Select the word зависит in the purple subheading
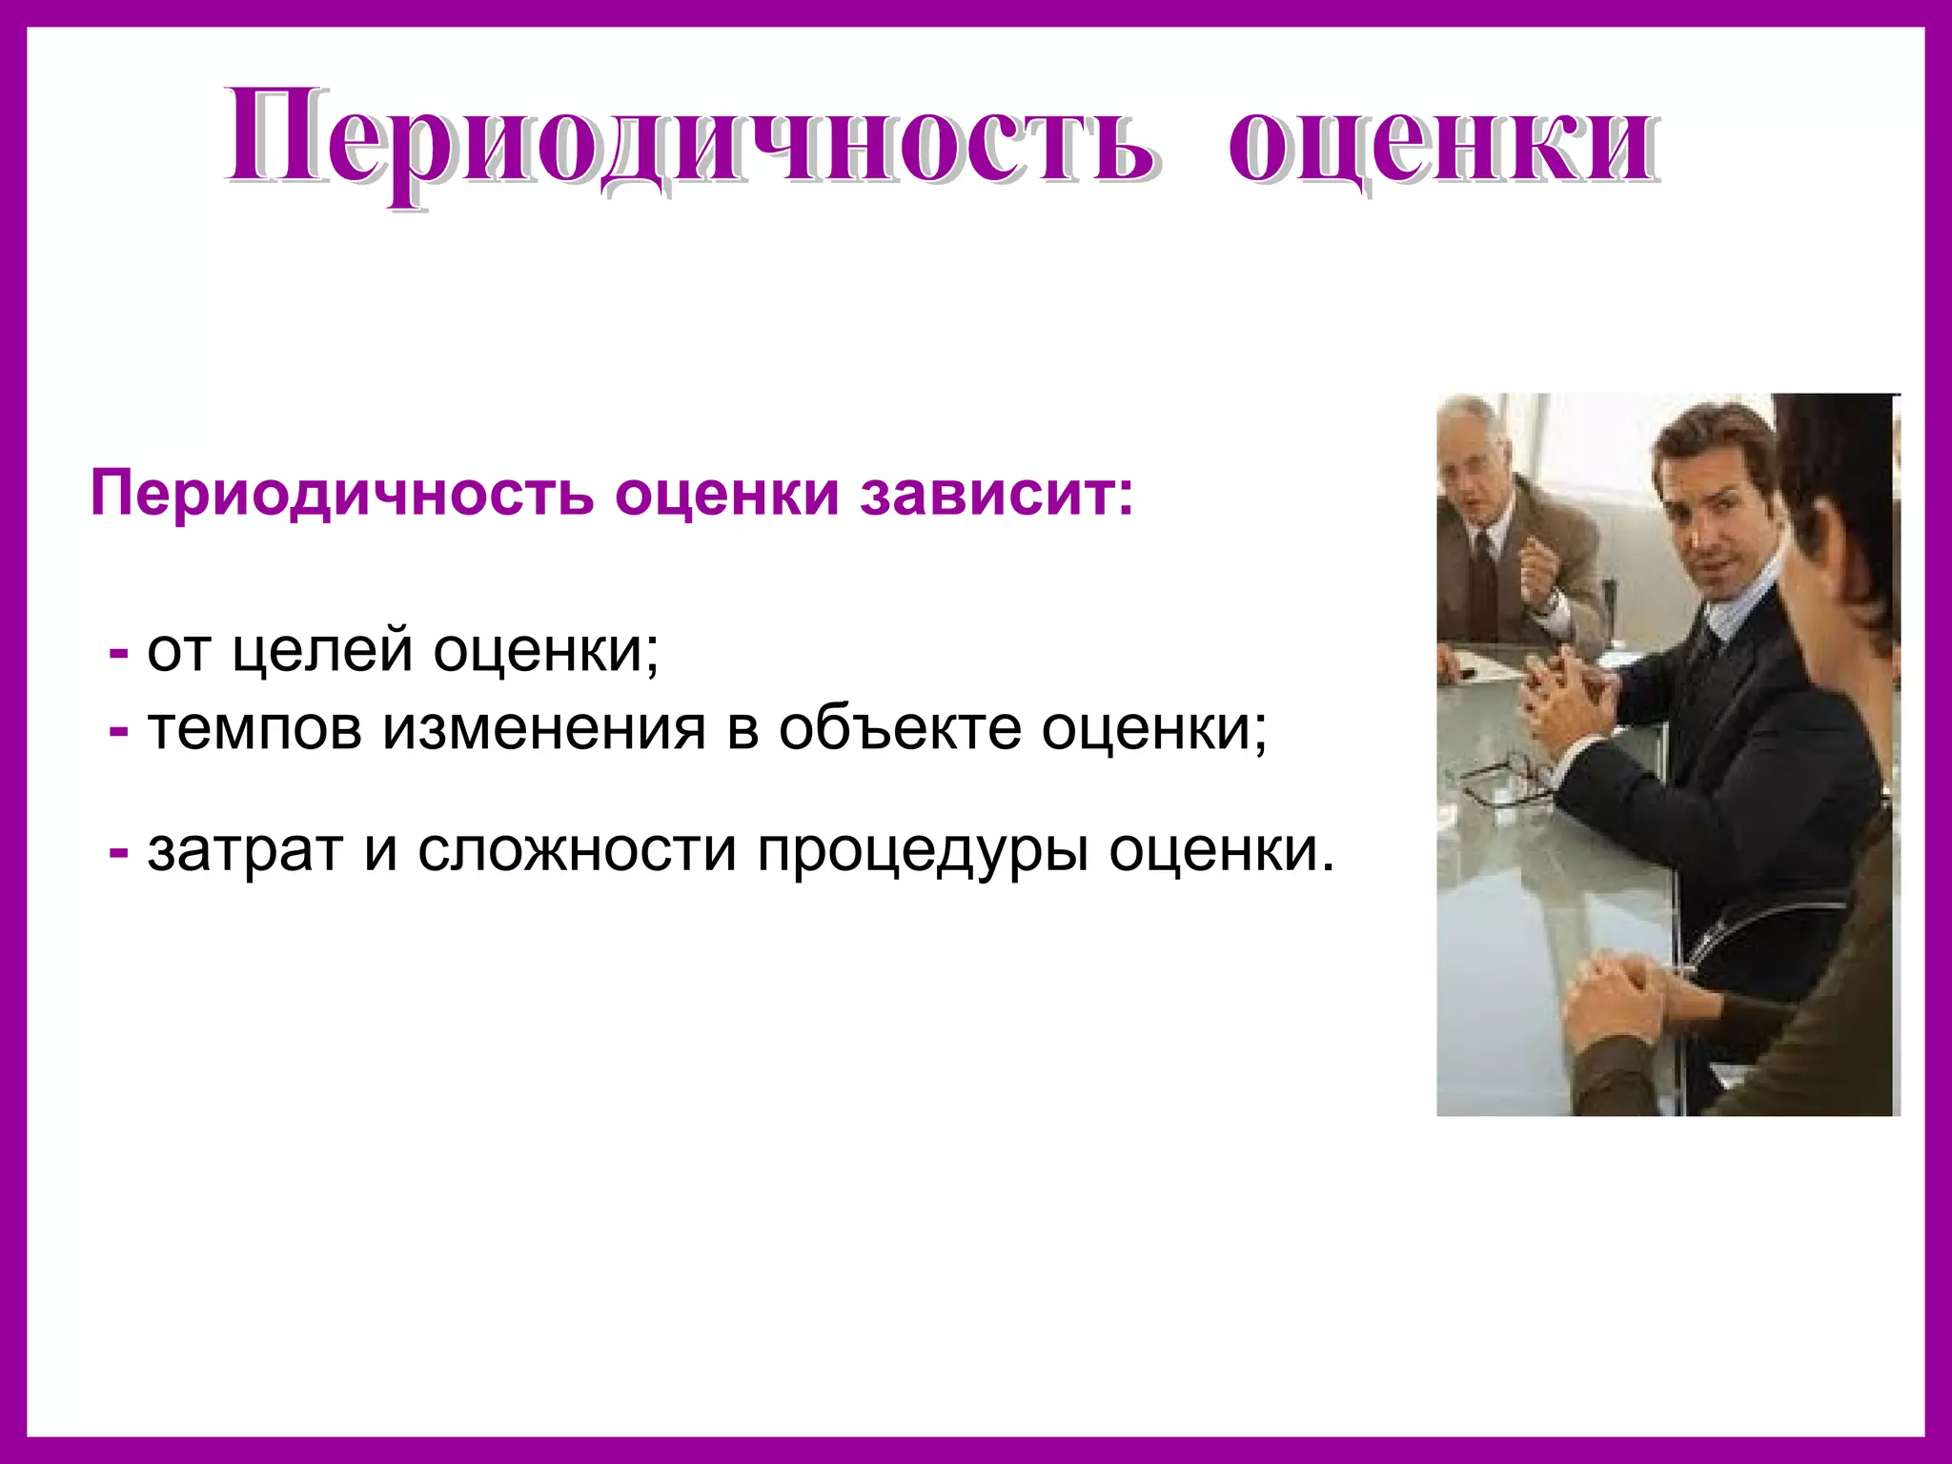pos(996,494)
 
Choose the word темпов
pos(254,729)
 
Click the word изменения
pos(544,729)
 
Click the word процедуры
pos(923,851)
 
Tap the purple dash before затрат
pos(119,851)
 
